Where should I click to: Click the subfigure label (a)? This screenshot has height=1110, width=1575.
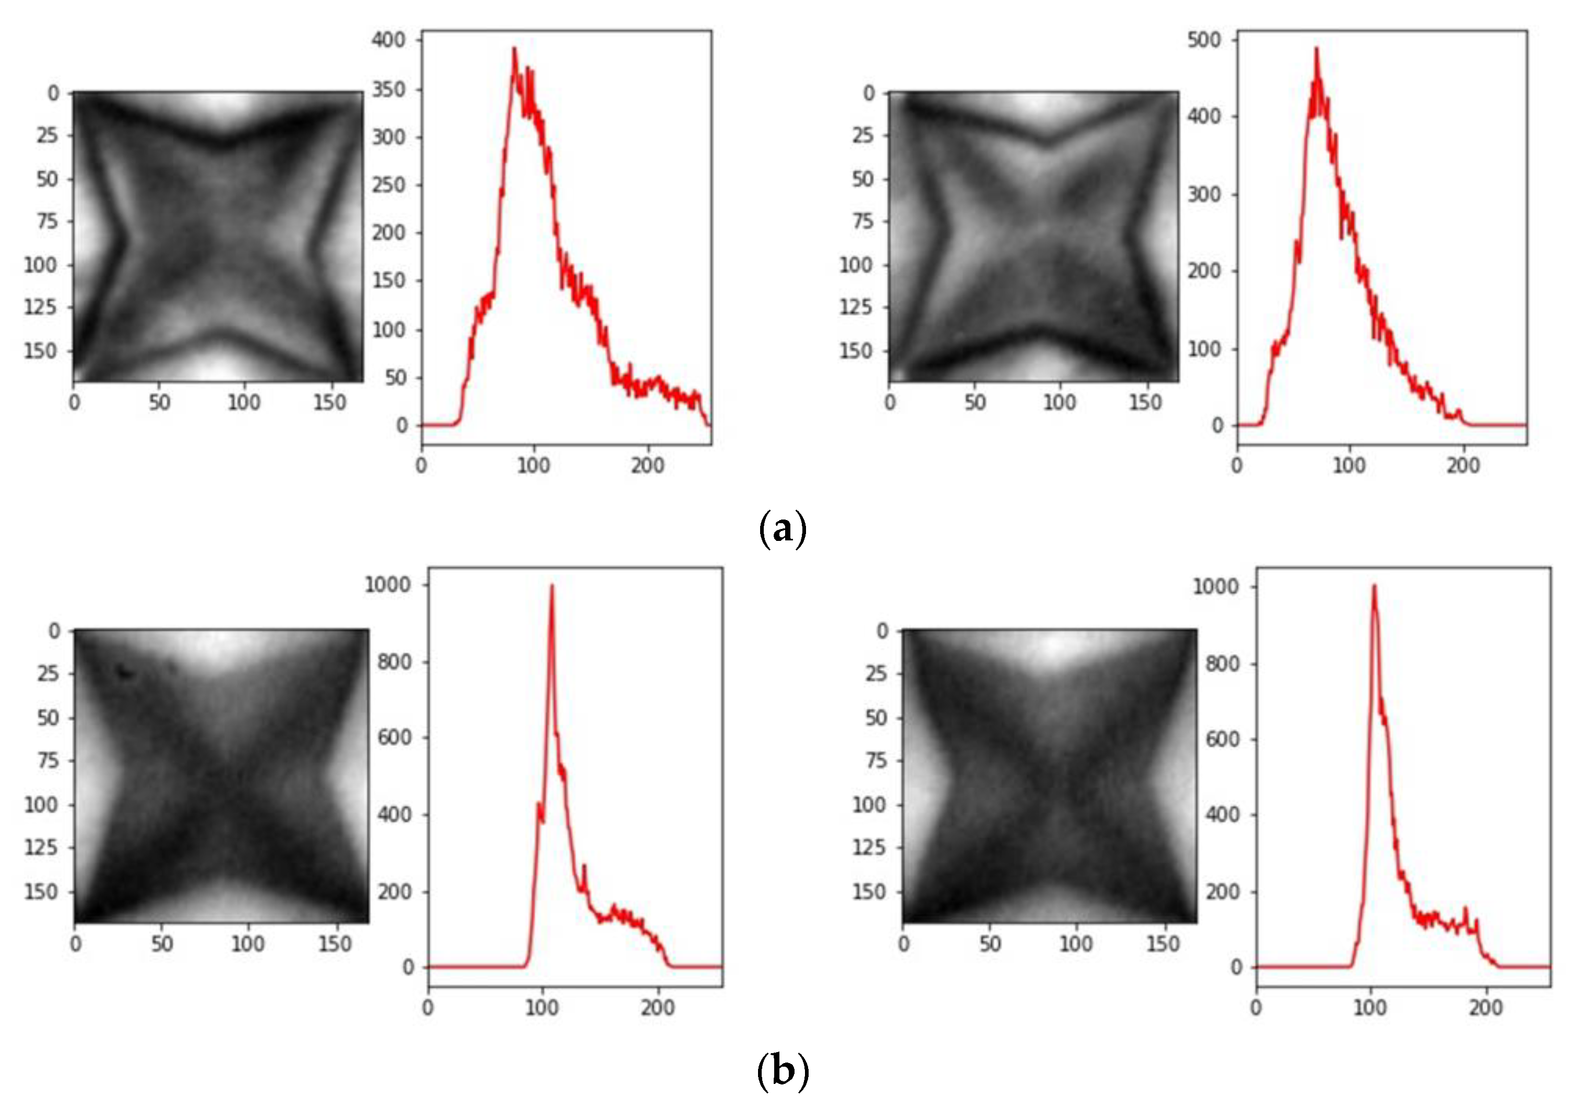point(782,529)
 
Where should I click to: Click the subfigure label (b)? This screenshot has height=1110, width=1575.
point(782,1070)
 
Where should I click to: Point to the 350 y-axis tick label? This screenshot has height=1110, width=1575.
point(389,89)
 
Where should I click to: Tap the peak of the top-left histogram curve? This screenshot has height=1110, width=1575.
point(514,49)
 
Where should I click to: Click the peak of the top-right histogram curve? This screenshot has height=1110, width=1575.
point(1316,49)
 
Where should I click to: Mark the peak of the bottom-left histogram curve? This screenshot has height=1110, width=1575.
point(551,586)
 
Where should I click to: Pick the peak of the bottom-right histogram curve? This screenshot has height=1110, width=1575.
point(1374,586)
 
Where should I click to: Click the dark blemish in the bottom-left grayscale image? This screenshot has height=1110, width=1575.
point(125,672)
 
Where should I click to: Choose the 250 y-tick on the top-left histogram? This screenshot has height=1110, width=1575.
point(389,185)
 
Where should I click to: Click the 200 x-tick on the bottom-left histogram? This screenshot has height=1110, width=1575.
point(658,1008)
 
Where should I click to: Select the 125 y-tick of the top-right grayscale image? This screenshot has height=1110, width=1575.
point(857,307)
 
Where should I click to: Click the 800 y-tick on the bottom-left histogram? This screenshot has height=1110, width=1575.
point(394,662)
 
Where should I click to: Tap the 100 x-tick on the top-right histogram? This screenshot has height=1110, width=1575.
point(1349,466)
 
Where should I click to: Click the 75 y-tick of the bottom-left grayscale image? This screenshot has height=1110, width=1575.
point(48,761)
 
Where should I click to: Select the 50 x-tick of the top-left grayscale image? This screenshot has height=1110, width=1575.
point(159,403)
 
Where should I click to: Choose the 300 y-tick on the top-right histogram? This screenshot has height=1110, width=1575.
point(1205,194)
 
